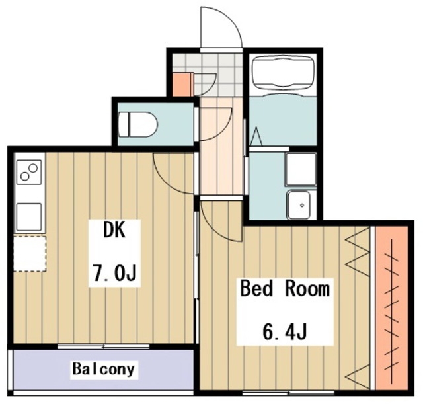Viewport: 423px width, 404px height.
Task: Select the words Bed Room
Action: coord(285,288)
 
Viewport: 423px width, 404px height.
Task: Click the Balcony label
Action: coord(103,369)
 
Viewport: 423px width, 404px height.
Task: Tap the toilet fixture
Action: coord(137,124)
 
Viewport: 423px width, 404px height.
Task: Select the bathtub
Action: coord(283,72)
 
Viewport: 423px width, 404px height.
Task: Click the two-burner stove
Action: coord(29,172)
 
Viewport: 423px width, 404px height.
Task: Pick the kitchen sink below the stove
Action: coord(29,217)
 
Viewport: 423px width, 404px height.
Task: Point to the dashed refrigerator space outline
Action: coord(30,254)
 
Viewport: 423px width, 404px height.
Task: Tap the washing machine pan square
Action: coord(301,169)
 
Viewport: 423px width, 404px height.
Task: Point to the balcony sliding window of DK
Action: coord(104,346)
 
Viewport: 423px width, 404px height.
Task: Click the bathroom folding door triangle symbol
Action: coord(256,137)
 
